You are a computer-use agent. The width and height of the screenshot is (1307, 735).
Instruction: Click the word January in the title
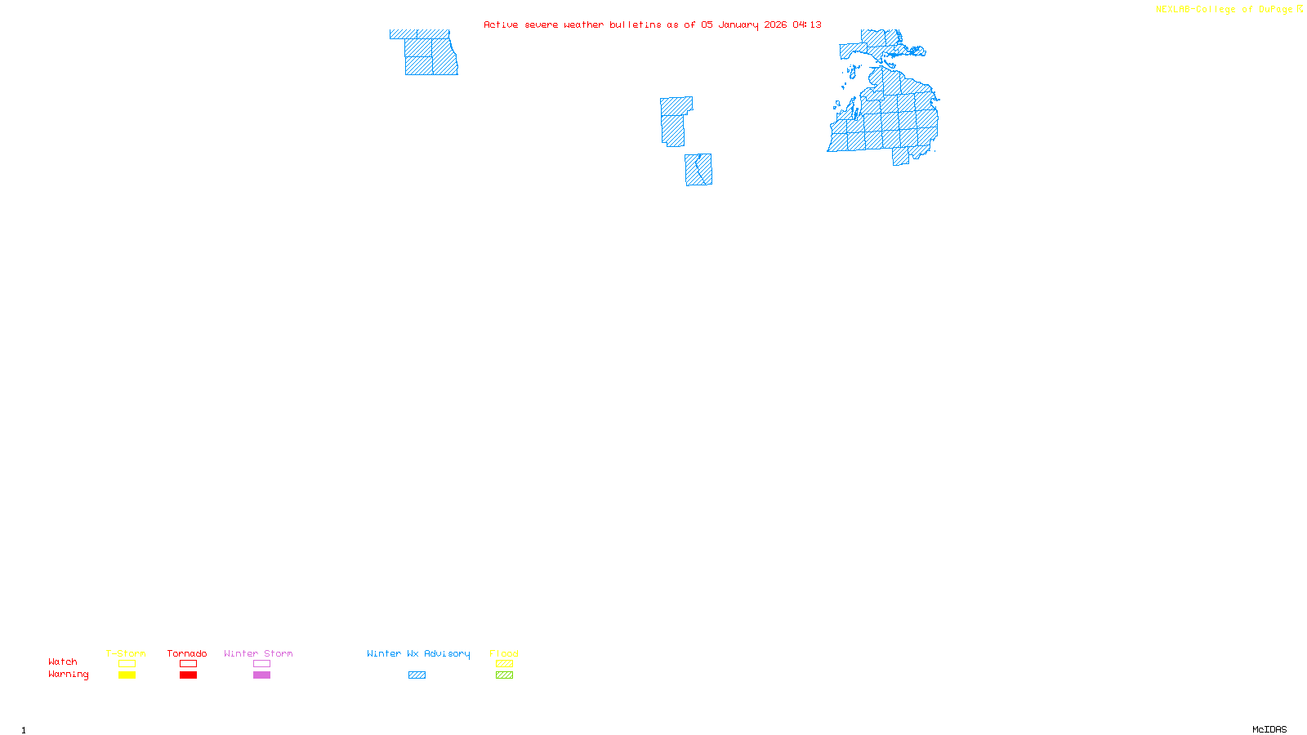coord(738,25)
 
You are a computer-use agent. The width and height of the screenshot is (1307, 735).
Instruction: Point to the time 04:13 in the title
coord(806,25)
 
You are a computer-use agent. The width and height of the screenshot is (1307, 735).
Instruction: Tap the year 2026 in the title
coord(775,25)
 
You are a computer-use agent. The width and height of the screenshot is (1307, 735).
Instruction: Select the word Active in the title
coord(500,25)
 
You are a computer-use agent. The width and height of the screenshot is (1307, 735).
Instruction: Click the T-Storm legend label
coord(126,654)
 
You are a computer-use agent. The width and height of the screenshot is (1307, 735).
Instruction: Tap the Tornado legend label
coord(187,654)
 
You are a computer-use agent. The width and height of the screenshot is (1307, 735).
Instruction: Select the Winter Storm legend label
coord(258,654)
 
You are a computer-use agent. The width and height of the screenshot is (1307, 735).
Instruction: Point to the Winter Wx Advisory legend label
coord(418,654)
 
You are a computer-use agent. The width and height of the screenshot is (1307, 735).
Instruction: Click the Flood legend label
coord(504,654)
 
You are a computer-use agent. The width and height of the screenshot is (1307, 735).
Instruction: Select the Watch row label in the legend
coord(63,662)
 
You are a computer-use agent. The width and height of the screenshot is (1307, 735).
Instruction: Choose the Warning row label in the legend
coord(69,675)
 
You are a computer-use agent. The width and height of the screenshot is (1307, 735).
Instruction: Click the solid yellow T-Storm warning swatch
coord(127,675)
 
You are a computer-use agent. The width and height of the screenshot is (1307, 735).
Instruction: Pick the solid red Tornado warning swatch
coord(188,675)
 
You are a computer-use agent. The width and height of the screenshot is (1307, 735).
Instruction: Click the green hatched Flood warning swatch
coord(504,675)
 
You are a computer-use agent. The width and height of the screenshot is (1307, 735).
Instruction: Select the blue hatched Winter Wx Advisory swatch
coord(417,675)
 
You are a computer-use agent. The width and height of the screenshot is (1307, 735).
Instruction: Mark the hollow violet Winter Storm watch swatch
coord(261,664)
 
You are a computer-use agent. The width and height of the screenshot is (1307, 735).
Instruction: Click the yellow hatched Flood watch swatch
coord(504,664)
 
